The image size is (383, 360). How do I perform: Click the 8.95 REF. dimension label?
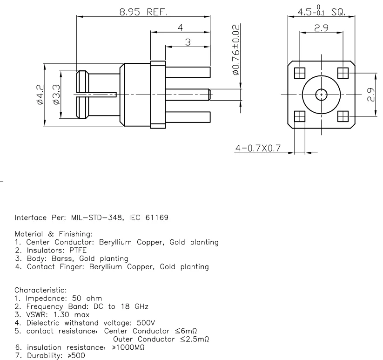[x=143, y=12]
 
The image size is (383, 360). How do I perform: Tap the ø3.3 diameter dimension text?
[x=55, y=95]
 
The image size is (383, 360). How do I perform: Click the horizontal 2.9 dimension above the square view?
[x=322, y=28]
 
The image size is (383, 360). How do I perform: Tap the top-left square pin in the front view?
[x=300, y=73]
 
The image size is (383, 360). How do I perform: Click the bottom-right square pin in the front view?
[x=343, y=116]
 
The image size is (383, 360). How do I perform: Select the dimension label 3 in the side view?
[x=188, y=42]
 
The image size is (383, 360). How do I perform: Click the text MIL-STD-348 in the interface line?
[x=89, y=217]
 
